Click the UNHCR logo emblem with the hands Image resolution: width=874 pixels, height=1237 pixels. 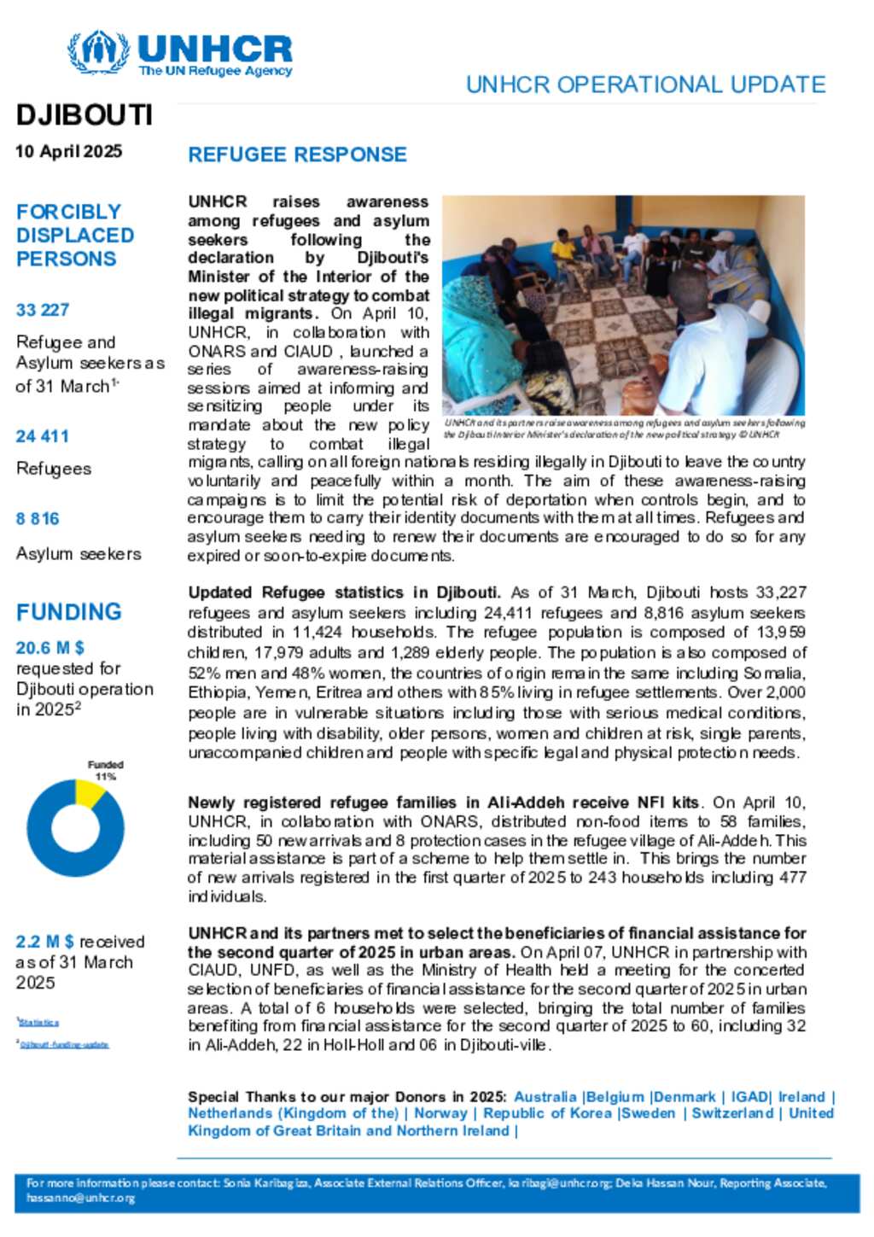[x=98, y=53]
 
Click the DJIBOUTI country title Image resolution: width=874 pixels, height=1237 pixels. [x=84, y=115]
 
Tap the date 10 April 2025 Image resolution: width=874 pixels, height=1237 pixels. [x=68, y=151]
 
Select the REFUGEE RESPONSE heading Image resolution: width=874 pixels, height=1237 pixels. [x=297, y=155]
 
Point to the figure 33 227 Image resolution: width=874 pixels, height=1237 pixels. [x=43, y=310]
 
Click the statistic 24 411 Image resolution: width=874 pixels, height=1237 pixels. [x=42, y=436]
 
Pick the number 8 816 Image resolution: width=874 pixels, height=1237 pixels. [x=38, y=519]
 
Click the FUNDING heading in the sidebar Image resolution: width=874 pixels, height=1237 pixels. [x=69, y=612]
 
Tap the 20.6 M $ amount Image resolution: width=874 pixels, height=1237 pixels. [x=50, y=648]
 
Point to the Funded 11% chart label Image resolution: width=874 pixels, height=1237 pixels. [x=106, y=770]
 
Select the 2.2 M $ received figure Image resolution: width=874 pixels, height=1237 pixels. [x=44, y=942]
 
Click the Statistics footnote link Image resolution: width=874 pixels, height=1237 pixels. [x=39, y=1022]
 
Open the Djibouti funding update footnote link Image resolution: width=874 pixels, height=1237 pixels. [x=64, y=1044]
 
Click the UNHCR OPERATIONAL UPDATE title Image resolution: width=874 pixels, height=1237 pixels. [x=645, y=85]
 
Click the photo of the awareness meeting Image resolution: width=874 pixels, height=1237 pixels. [x=623, y=305]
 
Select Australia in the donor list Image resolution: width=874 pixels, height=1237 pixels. [x=545, y=1097]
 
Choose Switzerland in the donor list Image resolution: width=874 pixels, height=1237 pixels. [x=732, y=1113]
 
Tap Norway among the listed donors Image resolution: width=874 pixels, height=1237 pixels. [x=440, y=1113]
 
